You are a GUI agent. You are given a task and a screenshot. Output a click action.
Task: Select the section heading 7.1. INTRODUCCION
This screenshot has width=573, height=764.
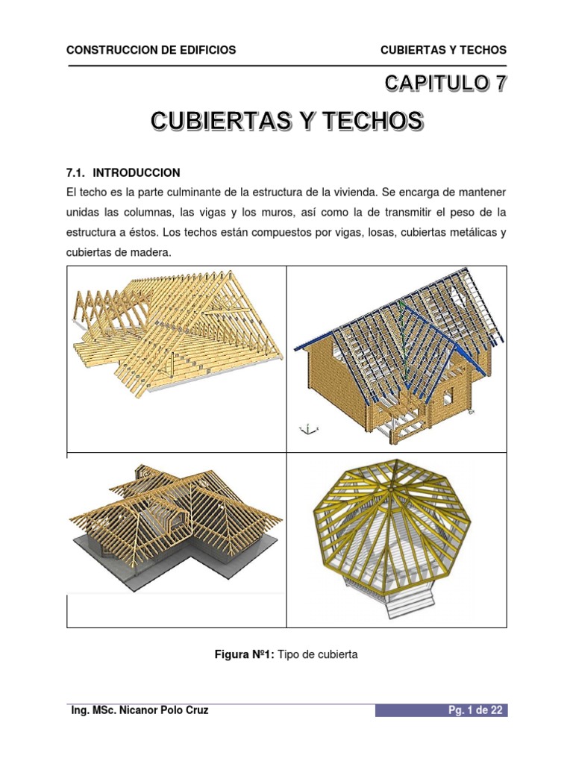point(124,172)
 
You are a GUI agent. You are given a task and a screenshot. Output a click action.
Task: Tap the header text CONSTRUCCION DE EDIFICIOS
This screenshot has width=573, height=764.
point(151,50)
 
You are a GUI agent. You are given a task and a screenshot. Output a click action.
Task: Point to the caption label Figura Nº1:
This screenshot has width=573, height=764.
point(243,654)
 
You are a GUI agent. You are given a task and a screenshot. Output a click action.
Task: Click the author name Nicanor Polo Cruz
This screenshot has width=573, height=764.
point(165,710)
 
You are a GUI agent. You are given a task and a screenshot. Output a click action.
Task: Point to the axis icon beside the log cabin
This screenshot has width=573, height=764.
point(309,428)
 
